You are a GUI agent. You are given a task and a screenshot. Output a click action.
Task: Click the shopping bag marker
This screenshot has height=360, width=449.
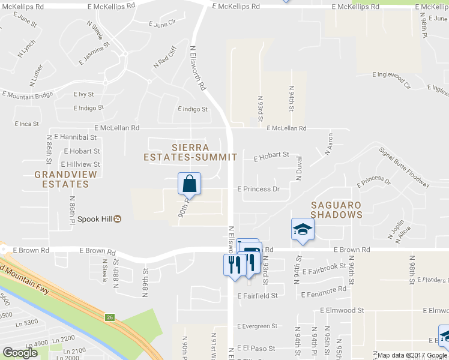[189, 183]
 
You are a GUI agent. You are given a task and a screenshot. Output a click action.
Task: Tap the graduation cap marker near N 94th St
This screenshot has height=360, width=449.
[303, 229]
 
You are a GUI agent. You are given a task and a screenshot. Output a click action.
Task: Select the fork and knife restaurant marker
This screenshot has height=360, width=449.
[234, 264]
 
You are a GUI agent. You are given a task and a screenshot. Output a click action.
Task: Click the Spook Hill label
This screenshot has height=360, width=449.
[96, 218]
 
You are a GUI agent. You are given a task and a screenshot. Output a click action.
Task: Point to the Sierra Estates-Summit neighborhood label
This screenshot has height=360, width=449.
[190, 152]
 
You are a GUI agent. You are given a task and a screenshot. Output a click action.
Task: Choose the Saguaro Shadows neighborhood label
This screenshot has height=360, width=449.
[336, 209]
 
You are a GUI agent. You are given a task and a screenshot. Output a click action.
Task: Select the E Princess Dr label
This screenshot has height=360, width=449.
[259, 188]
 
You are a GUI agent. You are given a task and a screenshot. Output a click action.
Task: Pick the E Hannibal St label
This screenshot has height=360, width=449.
[75, 137]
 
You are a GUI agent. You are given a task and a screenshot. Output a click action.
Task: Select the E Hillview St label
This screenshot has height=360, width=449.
[80, 164]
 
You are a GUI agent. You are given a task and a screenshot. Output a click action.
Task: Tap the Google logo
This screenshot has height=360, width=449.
[20, 353]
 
